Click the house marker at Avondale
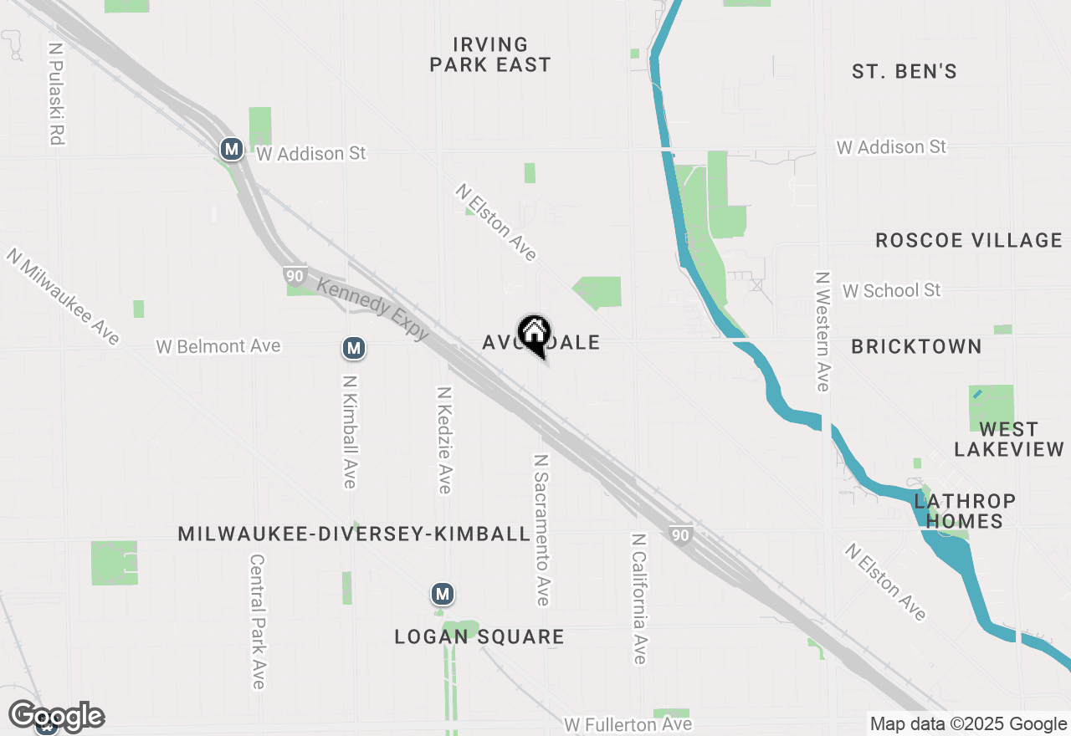pos(534,335)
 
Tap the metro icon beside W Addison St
pos(232,150)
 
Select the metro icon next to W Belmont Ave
pos(354,347)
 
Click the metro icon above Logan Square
pos(443,595)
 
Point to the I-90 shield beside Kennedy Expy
pos(295,275)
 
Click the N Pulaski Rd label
pos(56,95)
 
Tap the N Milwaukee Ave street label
pos(64,295)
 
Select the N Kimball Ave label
pos(350,431)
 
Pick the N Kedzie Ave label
pos(445,440)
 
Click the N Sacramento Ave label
pos(542,530)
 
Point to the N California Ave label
pos(640,599)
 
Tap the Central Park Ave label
pos(258,621)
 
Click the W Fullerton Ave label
pos(628,724)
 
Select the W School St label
pos(891,290)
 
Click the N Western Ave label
pos(822,331)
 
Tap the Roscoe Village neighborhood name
pos(968,241)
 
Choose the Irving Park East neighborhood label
pos(490,54)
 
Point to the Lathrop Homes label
pos(965,511)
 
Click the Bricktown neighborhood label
pos(916,346)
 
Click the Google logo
pos(57,717)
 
